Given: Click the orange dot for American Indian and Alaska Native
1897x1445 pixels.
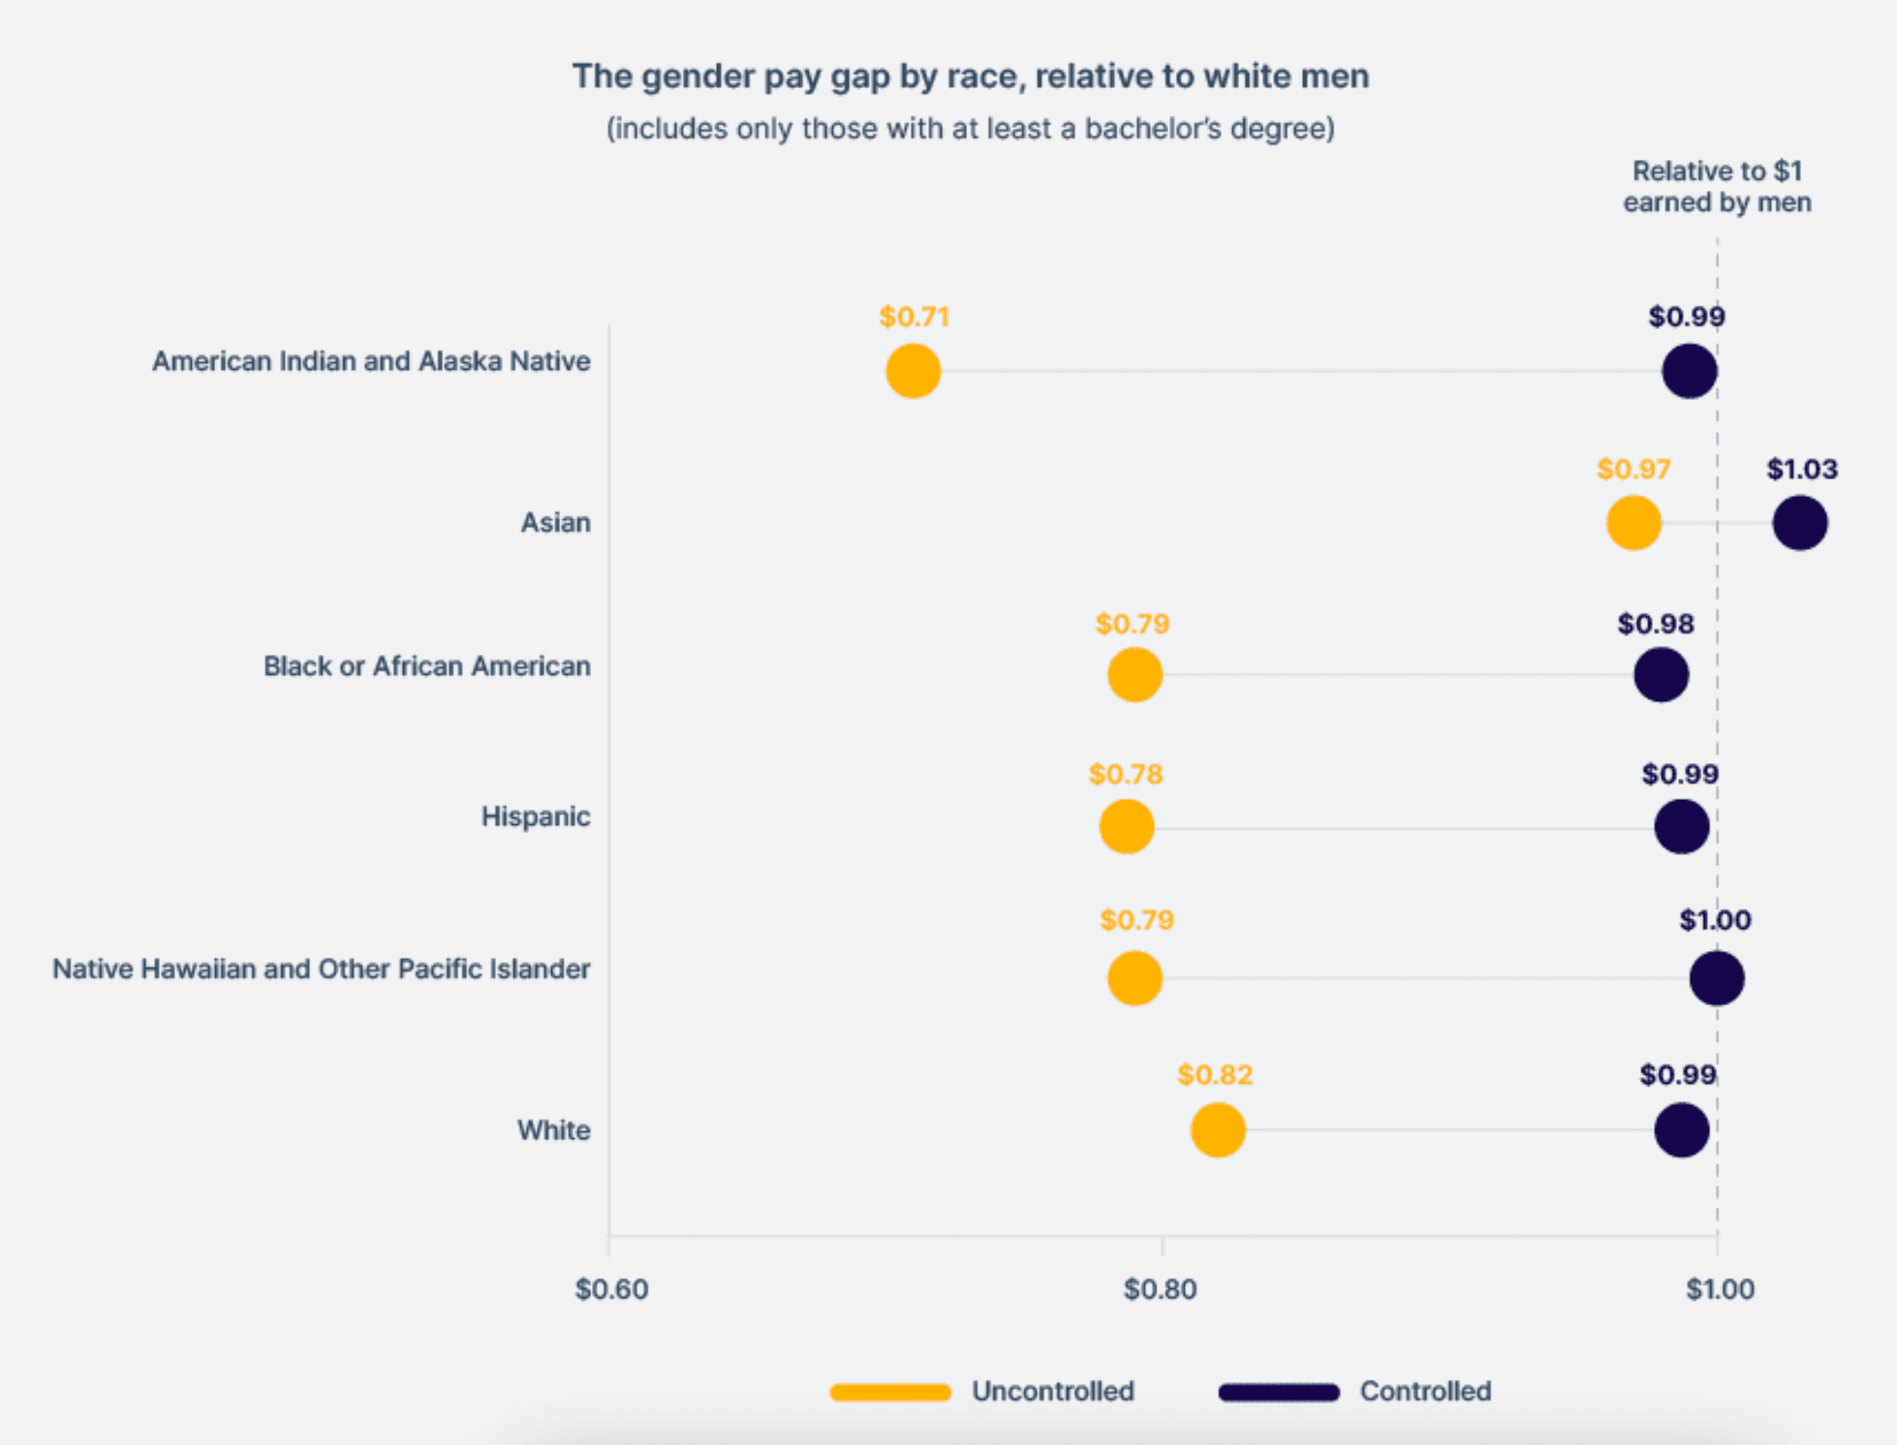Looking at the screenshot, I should [913, 371].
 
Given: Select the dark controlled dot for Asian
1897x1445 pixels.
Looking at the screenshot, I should [1799, 523].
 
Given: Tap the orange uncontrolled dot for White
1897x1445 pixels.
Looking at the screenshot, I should [1217, 1129].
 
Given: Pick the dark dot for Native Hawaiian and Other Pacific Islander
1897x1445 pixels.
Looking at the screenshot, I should [1716, 978].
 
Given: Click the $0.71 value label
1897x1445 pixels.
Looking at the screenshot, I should [914, 317].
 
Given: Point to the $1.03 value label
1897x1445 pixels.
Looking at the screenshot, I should [1801, 470].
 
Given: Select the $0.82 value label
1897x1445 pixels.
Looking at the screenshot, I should [1215, 1075].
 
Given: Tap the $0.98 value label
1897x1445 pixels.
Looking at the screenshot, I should [1655, 624].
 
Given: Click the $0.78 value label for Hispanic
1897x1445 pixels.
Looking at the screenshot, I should [1125, 774].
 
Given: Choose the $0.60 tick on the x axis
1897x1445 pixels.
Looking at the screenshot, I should [611, 1289].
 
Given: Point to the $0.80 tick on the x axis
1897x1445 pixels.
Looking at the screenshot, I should [1161, 1289].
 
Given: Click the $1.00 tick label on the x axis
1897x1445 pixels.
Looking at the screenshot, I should [1719, 1289].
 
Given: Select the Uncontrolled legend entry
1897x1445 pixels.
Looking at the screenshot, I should [1051, 1392].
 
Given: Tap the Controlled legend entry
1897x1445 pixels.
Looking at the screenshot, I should [1424, 1392].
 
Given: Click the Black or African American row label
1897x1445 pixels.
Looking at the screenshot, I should [426, 666].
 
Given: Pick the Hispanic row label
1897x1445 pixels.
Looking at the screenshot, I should [535, 816].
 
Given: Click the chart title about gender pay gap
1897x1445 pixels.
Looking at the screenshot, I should [970, 76].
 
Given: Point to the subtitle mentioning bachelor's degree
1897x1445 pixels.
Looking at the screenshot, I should [970, 129].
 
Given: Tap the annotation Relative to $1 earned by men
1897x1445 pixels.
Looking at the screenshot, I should [1716, 187].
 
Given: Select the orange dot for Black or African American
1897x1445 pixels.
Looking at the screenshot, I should [1134, 675].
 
